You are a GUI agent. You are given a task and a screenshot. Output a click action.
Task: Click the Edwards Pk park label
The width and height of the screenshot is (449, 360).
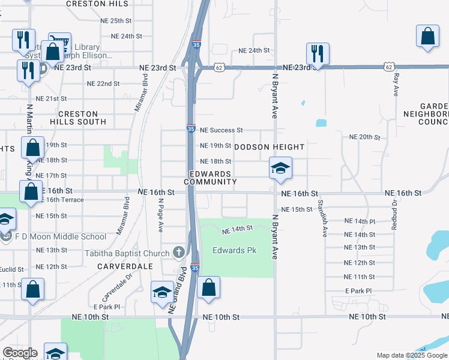click(235, 250)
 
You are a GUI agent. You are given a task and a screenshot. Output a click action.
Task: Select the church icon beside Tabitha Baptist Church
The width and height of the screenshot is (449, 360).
click(178, 252)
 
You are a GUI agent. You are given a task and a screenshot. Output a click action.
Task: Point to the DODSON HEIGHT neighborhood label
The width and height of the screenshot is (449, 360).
click(270, 146)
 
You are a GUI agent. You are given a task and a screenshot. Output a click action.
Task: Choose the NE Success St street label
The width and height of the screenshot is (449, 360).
click(221, 130)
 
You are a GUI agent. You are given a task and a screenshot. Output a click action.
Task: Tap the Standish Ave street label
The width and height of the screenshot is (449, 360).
click(322, 218)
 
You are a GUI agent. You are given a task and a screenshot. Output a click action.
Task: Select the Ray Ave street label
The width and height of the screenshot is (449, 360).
click(396, 85)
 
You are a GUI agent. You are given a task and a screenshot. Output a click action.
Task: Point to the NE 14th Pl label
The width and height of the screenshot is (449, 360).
click(360, 221)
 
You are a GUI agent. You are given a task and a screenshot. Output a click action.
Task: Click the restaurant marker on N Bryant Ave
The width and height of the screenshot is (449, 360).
click(317, 53)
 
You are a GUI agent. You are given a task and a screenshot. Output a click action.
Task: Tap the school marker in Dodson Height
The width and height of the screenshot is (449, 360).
click(280, 169)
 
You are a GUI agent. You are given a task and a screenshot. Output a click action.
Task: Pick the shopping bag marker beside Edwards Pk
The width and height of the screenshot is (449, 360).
click(208, 287)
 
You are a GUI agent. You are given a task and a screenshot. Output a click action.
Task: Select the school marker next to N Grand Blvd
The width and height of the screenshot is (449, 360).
click(162, 293)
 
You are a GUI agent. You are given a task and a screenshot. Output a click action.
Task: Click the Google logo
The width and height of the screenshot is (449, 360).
click(20, 353)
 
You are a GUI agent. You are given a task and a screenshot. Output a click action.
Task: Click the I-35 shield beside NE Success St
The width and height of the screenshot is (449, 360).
click(190, 128)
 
